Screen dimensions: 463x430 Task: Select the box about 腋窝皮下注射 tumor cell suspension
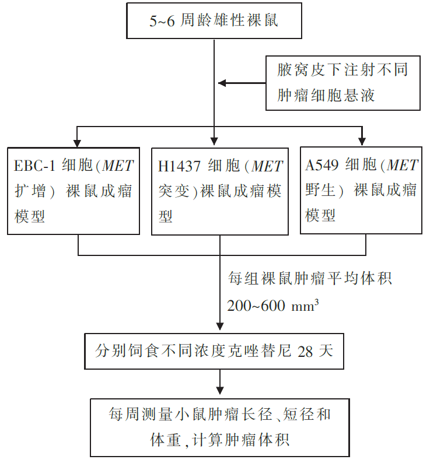342,83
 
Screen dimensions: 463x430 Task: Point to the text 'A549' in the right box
319,166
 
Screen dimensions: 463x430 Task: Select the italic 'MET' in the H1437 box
267,166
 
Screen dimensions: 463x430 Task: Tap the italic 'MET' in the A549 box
403,166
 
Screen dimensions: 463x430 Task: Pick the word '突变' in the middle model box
173,191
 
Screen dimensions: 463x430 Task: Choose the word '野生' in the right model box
320,191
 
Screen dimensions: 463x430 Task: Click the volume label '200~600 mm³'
273,306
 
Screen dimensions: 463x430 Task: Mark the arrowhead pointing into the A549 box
362,141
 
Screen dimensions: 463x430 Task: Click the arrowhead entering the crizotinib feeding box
220,329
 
